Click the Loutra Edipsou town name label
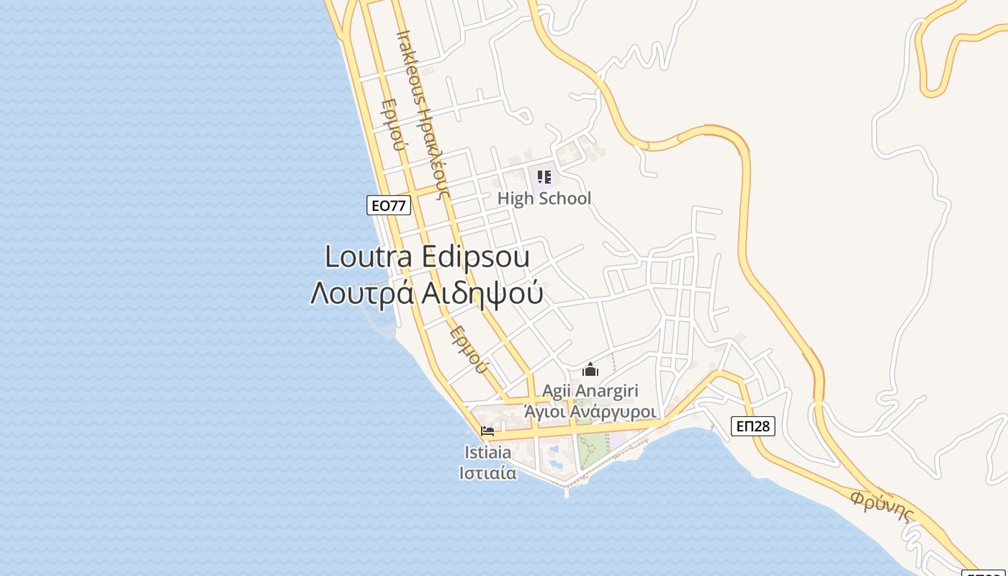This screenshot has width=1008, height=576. [427, 257]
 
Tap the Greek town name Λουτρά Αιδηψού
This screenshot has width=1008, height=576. [427, 294]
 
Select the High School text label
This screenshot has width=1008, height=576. [544, 199]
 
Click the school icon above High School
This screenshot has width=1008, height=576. [544, 176]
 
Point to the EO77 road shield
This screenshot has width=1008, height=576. [388, 205]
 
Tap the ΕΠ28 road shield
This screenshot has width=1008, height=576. [753, 426]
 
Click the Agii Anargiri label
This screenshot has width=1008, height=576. [590, 391]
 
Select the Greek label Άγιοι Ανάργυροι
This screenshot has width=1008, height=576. [590, 412]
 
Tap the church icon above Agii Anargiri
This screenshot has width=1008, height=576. [590, 370]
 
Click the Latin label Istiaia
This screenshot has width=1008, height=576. [487, 453]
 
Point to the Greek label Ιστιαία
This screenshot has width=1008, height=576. [487, 473]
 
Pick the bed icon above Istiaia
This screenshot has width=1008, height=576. [487, 432]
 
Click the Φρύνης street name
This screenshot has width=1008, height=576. [881, 506]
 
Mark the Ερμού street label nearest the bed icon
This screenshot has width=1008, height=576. [469, 350]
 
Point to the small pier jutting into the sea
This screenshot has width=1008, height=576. [567, 491]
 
